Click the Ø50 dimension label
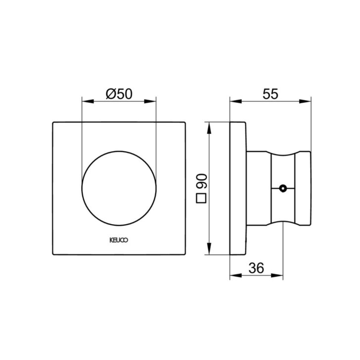(119, 94)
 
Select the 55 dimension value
(270, 94)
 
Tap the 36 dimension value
(256, 268)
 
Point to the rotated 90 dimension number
(202, 181)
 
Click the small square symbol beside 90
(202, 198)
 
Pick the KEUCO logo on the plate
(119, 240)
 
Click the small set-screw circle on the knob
(283, 188)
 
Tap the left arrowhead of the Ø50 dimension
(88, 101)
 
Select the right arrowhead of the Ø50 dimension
(150, 101)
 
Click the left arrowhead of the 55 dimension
(236, 101)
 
